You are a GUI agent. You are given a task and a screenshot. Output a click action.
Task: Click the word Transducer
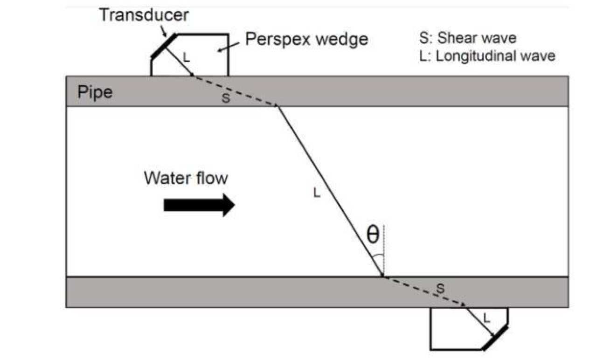coord(144,15)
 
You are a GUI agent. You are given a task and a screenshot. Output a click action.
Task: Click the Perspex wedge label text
coord(306,39)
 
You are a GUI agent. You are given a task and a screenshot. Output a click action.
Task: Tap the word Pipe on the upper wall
coord(95,92)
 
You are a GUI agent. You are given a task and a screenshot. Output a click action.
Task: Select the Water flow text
coord(186,178)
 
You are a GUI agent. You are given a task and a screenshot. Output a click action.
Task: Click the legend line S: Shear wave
coord(468,38)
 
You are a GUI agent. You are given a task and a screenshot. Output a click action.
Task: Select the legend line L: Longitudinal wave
coord(487,56)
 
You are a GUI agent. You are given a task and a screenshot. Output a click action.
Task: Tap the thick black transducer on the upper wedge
coord(163,46)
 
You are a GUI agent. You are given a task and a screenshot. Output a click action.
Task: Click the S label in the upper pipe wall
coord(226,99)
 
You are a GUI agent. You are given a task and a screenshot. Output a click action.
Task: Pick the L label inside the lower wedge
coord(486,319)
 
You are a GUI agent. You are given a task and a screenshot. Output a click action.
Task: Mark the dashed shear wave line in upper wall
coord(236,91)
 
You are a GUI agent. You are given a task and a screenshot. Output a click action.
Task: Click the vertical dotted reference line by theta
coord(384,252)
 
